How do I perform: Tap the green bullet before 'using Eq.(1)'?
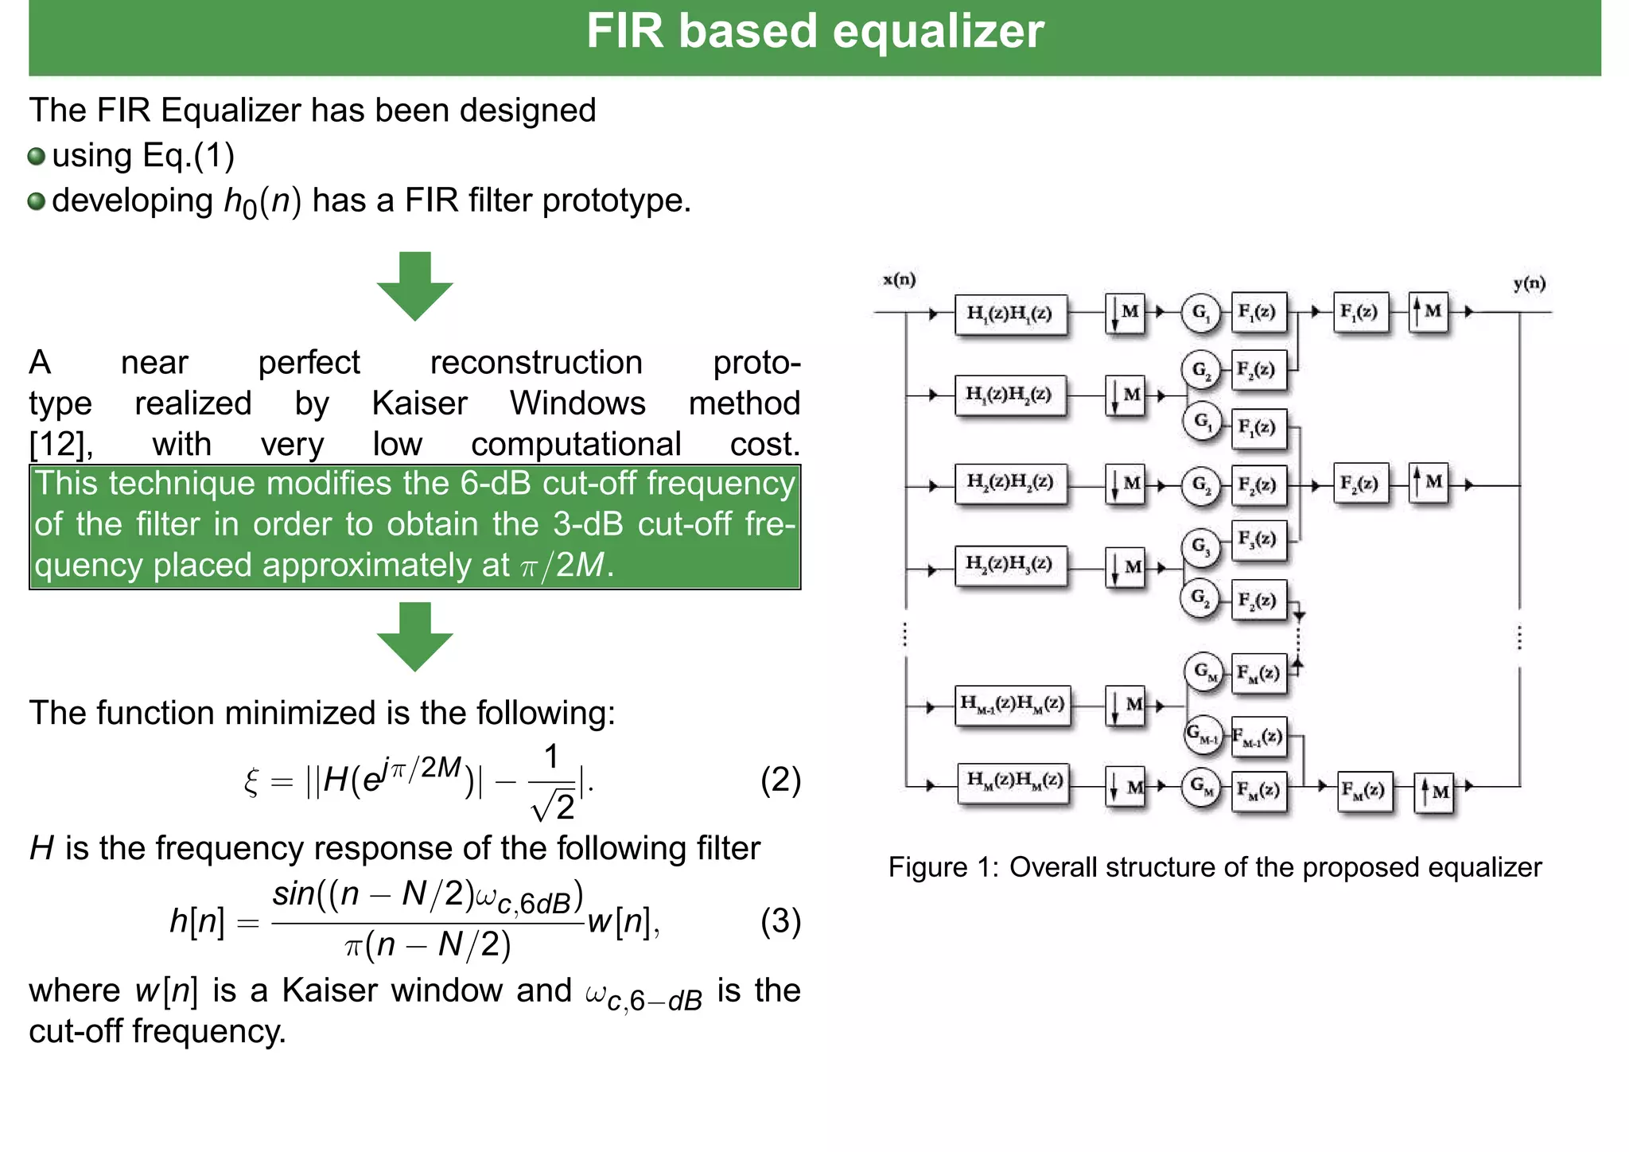(36, 156)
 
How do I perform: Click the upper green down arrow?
(414, 286)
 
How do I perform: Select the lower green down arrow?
(414, 636)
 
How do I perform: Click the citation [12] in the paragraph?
(60, 444)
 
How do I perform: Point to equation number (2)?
(780, 780)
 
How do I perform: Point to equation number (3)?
(780, 921)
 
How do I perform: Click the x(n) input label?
(899, 279)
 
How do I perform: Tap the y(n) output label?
(1529, 283)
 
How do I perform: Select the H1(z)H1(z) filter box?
(1010, 313)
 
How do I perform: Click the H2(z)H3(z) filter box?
(1010, 564)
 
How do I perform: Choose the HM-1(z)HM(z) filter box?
(1013, 704)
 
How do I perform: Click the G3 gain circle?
(1200, 547)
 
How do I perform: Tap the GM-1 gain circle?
(1203, 734)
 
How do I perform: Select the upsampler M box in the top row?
(1429, 312)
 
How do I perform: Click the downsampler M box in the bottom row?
(1126, 787)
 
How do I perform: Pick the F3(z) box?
(1258, 539)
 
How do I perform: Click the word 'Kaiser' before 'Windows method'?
(419, 403)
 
